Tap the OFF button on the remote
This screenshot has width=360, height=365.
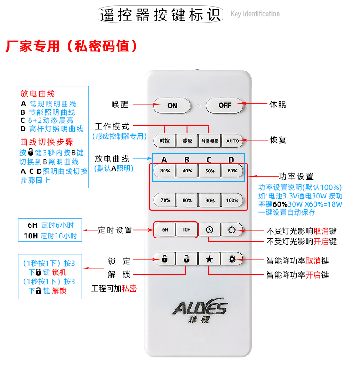pyautogui.click(x=225, y=106)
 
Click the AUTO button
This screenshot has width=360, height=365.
pyautogui.click(x=232, y=141)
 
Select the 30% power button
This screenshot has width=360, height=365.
pyautogui.click(x=165, y=171)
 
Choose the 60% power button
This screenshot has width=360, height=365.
pyautogui.click(x=232, y=171)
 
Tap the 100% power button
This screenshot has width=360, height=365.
pyautogui.click(x=232, y=200)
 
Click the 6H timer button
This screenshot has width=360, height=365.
pyautogui.click(x=165, y=229)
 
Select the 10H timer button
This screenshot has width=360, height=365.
pyautogui.click(x=186, y=229)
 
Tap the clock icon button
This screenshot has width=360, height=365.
pyautogui.click(x=210, y=229)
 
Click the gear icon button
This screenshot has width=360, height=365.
pyautogui.click(x=232, y=259)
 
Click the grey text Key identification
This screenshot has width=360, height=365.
pyautogui.click(x=255, y=14)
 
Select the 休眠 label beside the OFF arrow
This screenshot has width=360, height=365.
pyautogui.click(x=278, y=105)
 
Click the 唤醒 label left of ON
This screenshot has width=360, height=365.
pyautogui.click(x=120, y=105)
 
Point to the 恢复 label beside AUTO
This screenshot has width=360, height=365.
pyautogui.click(x=278, y=140)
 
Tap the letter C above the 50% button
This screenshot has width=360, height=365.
pyautogui.click(x=209, y=160)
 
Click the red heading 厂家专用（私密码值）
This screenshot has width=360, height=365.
pyautogui.click(x=72, y=46)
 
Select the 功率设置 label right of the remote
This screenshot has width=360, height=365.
pyautogui.click(x=296, y=177)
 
